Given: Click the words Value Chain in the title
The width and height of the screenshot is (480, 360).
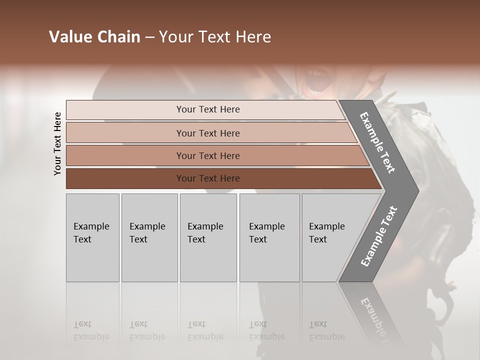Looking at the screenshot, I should click(94, 37).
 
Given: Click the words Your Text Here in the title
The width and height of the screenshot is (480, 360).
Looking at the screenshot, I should click(215, 37).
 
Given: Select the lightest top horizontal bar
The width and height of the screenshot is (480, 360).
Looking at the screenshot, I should click(208, 109).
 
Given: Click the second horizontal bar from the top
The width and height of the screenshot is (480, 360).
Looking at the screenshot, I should click(208, 133).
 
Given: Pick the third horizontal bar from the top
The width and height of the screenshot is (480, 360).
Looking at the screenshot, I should click(208, 155).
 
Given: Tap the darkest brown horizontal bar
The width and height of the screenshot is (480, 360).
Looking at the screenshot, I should click(208, 178).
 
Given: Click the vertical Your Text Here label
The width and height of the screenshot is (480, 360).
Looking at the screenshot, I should click(57, 143).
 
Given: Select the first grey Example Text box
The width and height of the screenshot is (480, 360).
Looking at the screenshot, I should click(92, 237).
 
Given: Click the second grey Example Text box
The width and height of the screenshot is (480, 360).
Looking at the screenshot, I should click(149, 237).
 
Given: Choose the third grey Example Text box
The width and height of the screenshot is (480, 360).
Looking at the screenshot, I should click(207, 237).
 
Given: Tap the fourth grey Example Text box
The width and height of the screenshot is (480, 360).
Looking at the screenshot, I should click(269, 237).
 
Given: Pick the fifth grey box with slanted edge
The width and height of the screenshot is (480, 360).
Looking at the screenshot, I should click(330, 237).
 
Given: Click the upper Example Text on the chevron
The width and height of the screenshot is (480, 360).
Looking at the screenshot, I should click(377, 142).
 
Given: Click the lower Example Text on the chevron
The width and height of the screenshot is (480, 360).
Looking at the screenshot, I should click(379, 236).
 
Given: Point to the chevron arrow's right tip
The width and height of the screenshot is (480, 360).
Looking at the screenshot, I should click(418, 190).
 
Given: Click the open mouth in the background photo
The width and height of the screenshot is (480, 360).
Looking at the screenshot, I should click(316, 82).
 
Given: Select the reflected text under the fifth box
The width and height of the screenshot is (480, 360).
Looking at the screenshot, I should click(326, 330).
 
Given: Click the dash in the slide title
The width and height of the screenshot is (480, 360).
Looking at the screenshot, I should click(149, 37).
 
